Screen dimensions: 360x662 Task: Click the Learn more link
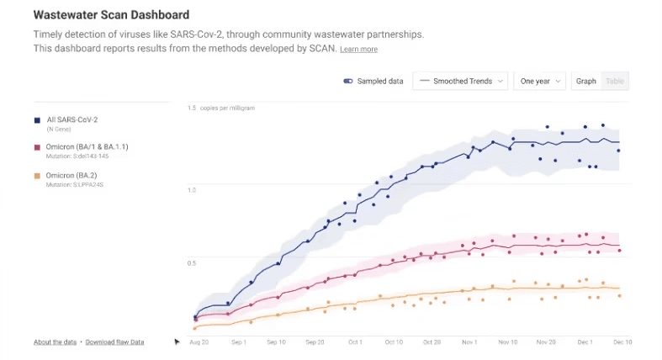[x=358, y=50]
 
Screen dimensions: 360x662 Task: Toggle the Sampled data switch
[x=347, y=82]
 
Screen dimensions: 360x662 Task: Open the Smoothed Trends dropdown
[x=462, y=82]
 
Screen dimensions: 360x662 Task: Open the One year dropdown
[x=539, y=82]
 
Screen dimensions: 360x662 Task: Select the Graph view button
[x=586, y=82]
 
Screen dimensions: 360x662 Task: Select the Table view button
[x=616, y=82]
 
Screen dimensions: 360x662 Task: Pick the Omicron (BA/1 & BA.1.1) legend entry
[x=87, y=147]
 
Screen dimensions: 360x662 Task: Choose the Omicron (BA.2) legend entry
[x=73, y=174]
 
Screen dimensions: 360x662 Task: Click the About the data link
[x=56, y=342]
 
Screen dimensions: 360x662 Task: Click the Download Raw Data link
[x=114, y=342]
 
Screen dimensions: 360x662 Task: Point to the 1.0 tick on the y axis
[x=192, y=190]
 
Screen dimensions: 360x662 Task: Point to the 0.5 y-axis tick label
[x=192, y=263]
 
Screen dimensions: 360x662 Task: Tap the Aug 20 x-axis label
[x=199, y=342]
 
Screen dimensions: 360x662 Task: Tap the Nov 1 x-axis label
[x=469, y=342]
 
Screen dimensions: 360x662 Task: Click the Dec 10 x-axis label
[x=622, y=342]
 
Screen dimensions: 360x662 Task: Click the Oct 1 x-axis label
[x=355, y=342]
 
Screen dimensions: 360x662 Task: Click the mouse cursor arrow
[x=177, y=341]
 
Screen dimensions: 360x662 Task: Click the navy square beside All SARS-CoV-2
[x=37, y=121]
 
